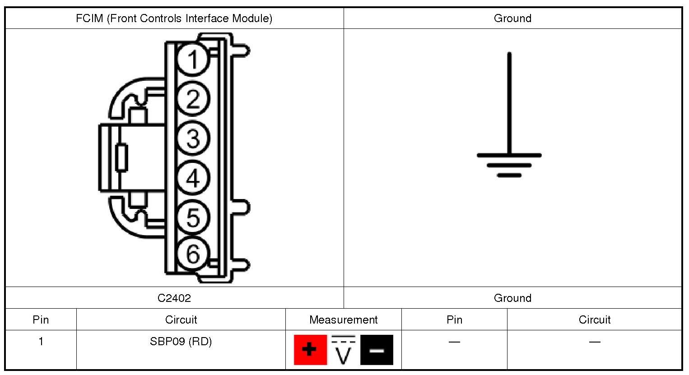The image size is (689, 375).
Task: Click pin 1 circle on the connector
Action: tap(193, 59)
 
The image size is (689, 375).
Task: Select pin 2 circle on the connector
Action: tap(193, 99)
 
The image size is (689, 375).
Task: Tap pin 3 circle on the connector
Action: tap(193, 138)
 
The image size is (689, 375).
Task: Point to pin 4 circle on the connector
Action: tap(193, 178)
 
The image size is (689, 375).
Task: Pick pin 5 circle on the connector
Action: tap(193, 217)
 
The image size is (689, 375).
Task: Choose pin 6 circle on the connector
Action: tap(193, 254)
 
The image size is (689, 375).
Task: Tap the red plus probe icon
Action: tap(310, 350)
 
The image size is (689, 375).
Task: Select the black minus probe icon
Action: tap(377, 350)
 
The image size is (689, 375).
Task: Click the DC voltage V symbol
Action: tap(344, 351)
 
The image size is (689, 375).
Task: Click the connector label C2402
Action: tap(174, 298)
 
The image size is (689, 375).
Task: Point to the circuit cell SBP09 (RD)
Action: tap(181, 342)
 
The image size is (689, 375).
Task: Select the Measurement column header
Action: tap(343, 320)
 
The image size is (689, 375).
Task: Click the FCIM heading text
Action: tap(174, 19)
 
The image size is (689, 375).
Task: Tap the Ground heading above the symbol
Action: tap(512, 19)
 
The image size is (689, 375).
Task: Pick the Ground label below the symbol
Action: tap(512, 298)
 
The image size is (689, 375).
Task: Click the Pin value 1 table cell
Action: tap(41, 342)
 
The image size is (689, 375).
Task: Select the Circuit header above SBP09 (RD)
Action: tap(181, 320)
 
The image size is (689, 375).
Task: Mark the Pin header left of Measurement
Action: tap(41, 320)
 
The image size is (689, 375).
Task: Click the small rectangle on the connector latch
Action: tap(121, 158)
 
